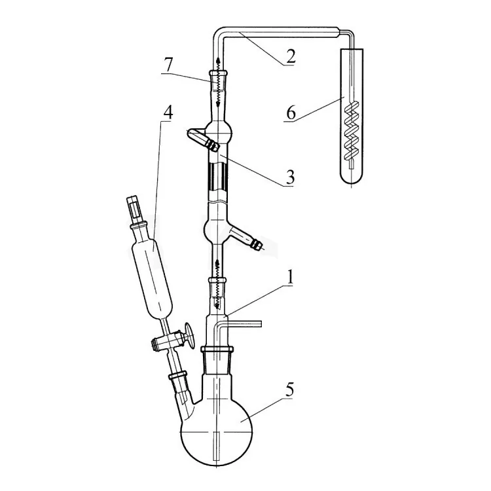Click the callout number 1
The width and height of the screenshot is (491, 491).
click(x=290, y=277)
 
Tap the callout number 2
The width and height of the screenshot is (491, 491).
click(x=290, y=56)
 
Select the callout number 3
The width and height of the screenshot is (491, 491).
click(x=290, y=177)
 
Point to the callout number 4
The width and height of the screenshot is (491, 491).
click(x=168, y=113)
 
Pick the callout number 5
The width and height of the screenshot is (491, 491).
click(x=289, y=390)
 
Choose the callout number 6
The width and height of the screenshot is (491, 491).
click(x=291, y=113)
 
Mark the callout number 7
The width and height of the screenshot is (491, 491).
click(x=168, y=65)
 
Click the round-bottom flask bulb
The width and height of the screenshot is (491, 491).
click(x=217, y=432)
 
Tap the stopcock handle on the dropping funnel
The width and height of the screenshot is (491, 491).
click(x=190, y=335)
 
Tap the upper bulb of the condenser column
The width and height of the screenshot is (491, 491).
click(x=219, y=131)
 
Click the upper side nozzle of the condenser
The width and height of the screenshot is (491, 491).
click(x=201, y=138)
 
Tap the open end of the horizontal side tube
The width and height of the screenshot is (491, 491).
click(x=261, y=324)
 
